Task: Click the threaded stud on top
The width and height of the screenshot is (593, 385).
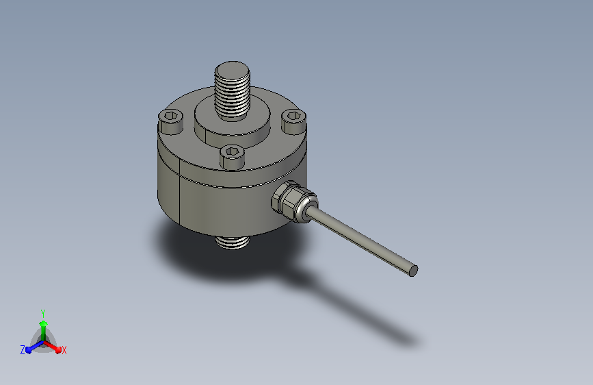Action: [x=233, y=91]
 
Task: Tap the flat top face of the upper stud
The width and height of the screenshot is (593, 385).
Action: [x=233, y=69]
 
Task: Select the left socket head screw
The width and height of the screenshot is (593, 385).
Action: [x=170, y=122]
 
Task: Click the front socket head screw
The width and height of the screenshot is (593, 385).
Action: [x=232, y=156]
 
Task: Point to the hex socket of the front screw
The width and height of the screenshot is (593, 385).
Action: [x=232, y=151]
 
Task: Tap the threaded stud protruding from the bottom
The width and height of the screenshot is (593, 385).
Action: [x=233, y=242]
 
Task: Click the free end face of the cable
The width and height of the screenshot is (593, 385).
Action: [x=414, y=271]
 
